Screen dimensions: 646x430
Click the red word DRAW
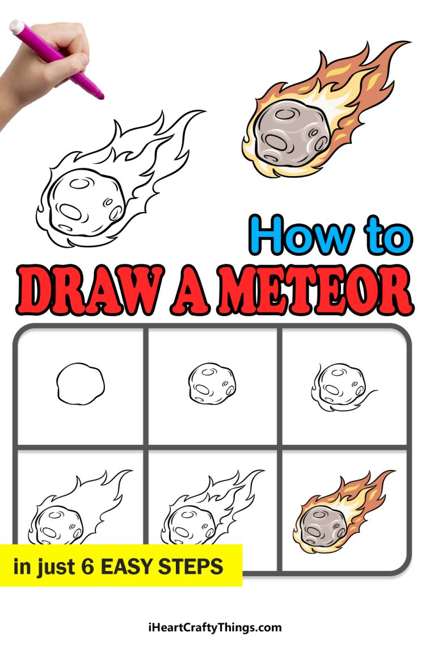point(90,291)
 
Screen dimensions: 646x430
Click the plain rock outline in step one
point(80,384)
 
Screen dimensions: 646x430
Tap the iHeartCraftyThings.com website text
point(214,628)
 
